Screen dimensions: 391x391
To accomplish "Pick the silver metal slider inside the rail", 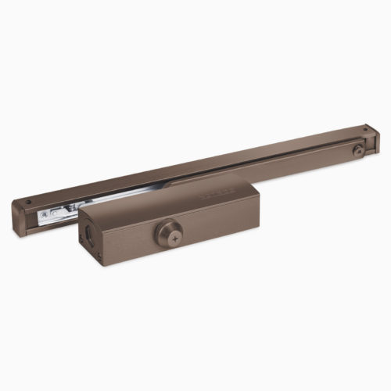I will pos(59,211).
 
